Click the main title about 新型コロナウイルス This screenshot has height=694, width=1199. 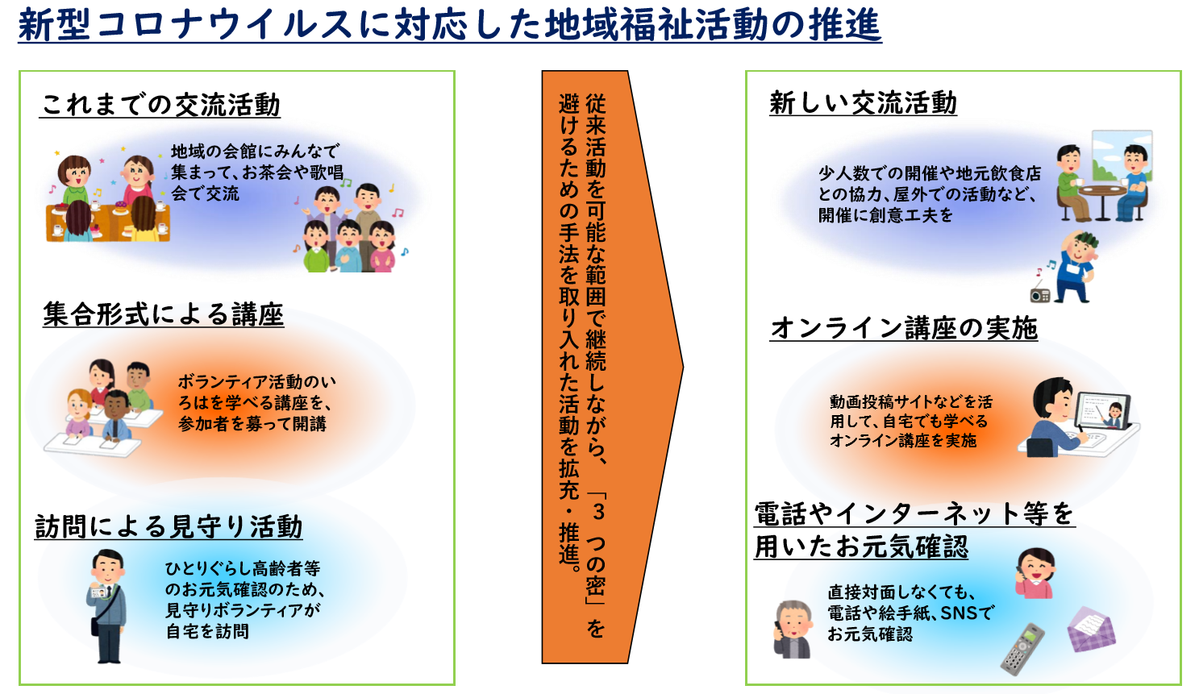[x=450, y=25]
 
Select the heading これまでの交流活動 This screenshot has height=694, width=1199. [x=160, y=104]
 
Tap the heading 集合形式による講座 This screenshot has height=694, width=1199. [x=163, y=314]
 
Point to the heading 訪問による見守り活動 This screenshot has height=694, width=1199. [x=169, y=526]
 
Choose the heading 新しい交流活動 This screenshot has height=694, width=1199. [x=863, y=102]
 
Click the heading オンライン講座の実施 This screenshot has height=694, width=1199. [x=904, y=328]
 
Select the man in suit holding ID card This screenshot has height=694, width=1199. [x=108, y=605]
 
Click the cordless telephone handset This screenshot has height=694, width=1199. [x=1022, y=649]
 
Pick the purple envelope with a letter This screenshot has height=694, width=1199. [x=1092, y=630]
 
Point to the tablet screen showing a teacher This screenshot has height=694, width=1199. [x=1103, y=411]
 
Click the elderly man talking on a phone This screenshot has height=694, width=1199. [x=793, y=630]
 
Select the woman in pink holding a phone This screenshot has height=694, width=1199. [x=1035, y=573]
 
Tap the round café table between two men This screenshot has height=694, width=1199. [x=1102, y=201]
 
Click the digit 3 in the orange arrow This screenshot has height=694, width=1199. [x=598, y=512]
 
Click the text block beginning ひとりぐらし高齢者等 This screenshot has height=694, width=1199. [x=245, y=600]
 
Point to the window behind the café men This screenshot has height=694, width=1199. [x=1122, y=156]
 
